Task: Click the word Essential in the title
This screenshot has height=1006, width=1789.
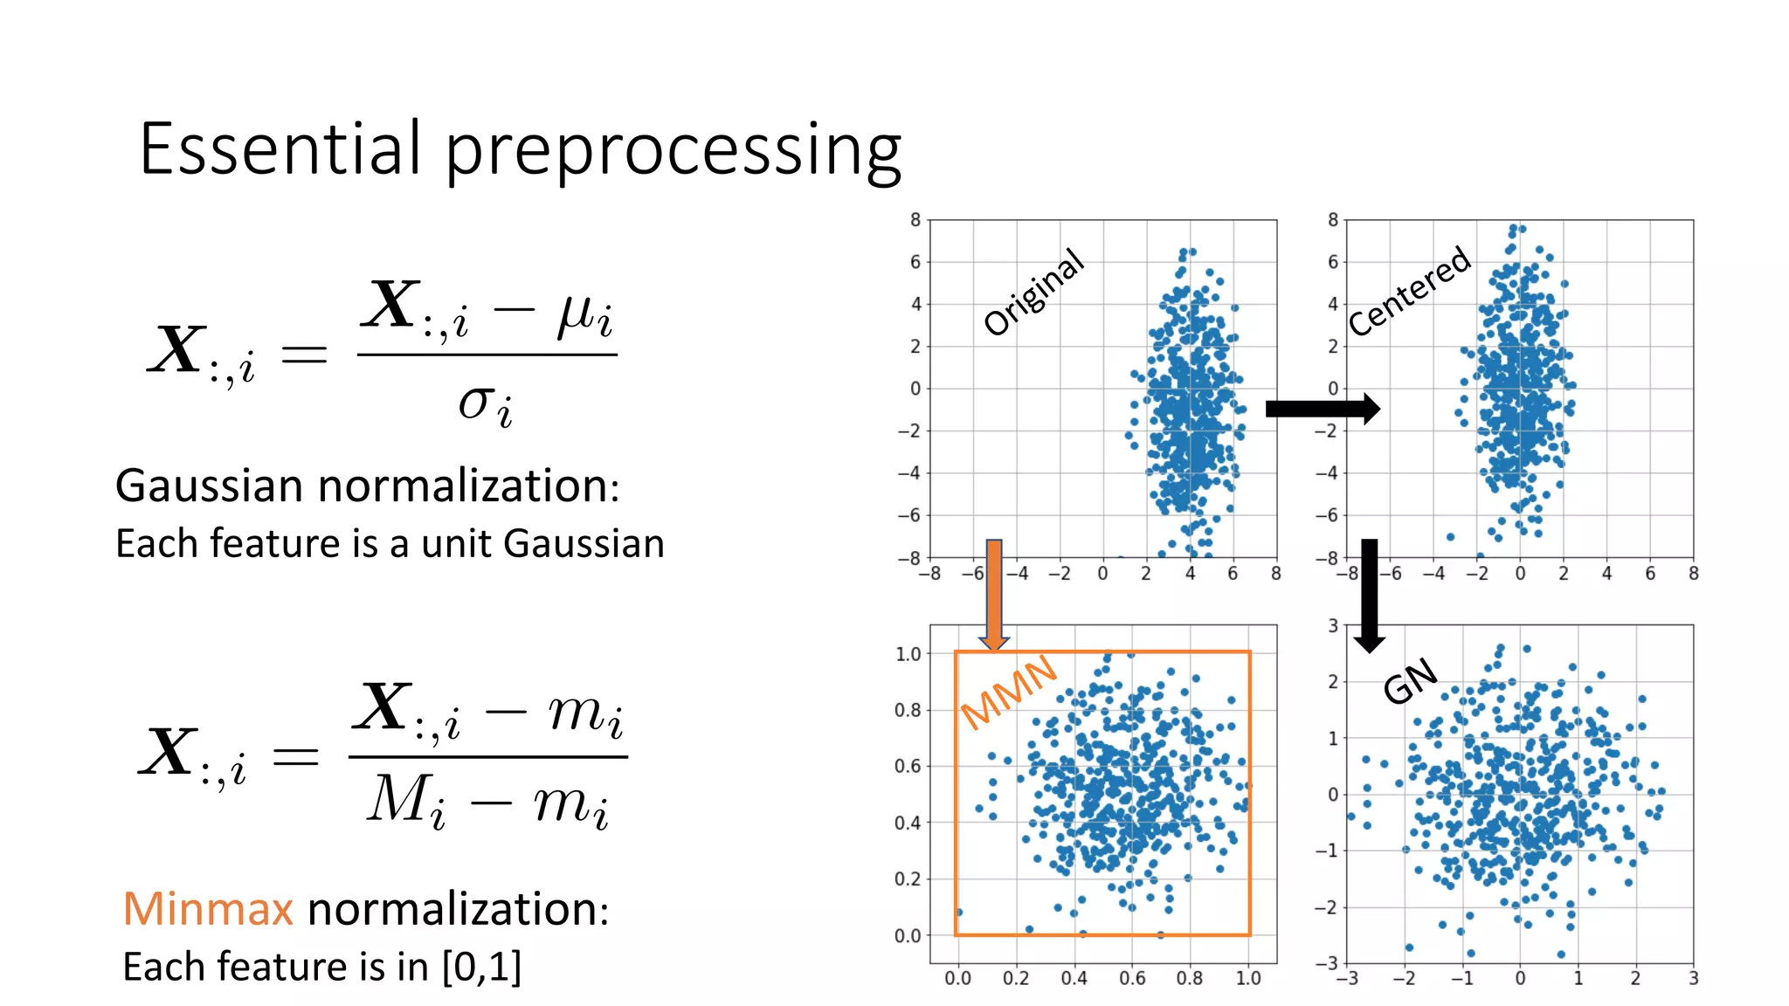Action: tap(280, 148)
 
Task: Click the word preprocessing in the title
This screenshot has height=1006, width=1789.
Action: tap(673, 153)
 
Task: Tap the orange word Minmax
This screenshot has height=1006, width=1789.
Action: tap(208, 908)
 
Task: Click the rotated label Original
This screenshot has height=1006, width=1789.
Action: tap(1033, 292)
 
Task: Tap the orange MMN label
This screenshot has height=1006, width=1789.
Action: tap(1009, 692)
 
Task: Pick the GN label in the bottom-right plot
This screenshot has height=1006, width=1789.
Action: tap(1410, 680)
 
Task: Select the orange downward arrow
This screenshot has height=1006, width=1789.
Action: tap(994, 594)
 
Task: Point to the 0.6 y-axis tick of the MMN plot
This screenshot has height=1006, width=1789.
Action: tap(907, 766)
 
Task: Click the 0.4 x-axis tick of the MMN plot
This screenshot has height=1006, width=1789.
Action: tap(1074, 978)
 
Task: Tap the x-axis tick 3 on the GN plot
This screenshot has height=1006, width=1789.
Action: tap(1693, 978)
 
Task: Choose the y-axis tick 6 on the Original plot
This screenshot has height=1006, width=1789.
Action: tap(915, 262)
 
